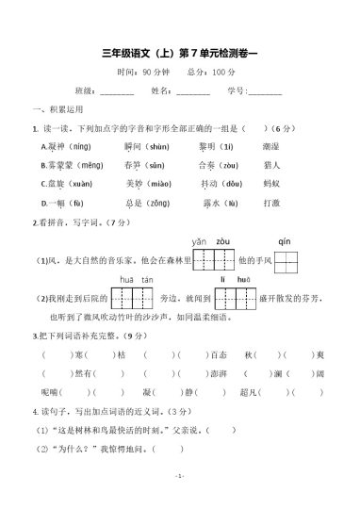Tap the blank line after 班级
(x=117, y=91)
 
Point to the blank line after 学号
(x=264, y=91)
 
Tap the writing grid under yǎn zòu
(x=213, y=259)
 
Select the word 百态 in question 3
(x=219, y=353)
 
